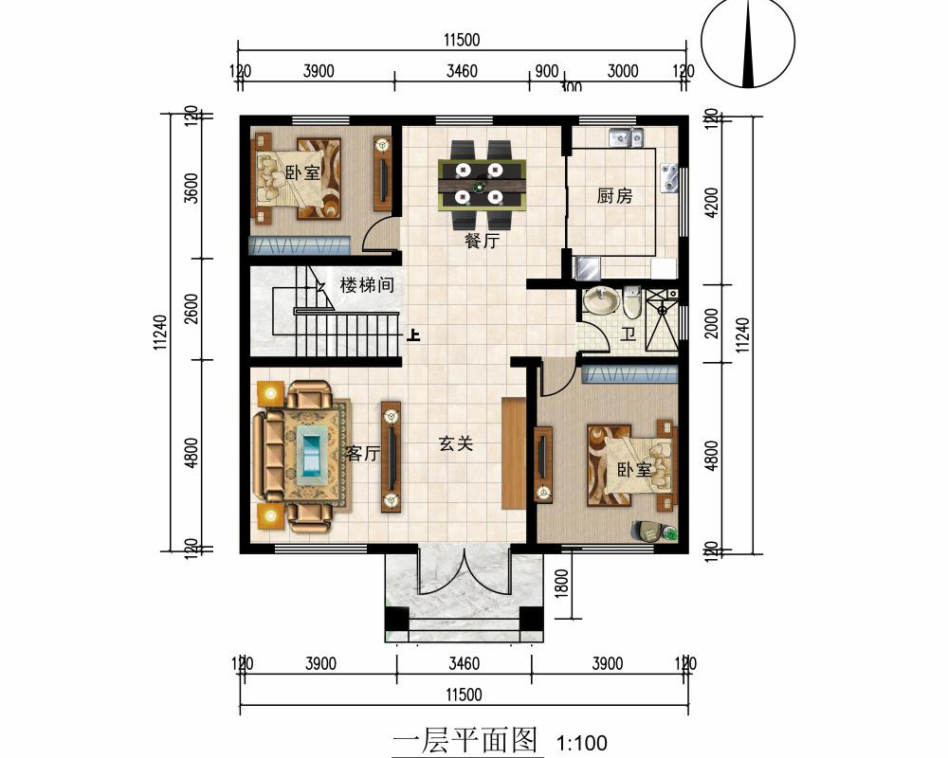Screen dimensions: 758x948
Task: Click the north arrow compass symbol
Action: click(750, 45)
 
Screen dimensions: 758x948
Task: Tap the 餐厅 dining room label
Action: click(482, 241)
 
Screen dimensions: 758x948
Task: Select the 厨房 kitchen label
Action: click(614, 196)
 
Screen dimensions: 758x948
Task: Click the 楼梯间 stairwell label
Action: click(367, 284)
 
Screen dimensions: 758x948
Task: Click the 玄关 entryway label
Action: click(455, 443)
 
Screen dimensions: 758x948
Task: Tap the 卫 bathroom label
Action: click(628, 334)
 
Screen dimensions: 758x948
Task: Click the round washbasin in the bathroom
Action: click(599, 302)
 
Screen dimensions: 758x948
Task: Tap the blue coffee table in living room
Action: click(311, 452)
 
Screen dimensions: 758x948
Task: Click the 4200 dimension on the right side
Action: click(713, 202)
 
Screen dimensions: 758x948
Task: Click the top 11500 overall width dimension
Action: click(462, 40)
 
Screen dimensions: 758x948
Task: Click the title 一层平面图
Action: click(465, 739)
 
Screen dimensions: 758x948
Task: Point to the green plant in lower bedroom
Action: click(669, 532)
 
